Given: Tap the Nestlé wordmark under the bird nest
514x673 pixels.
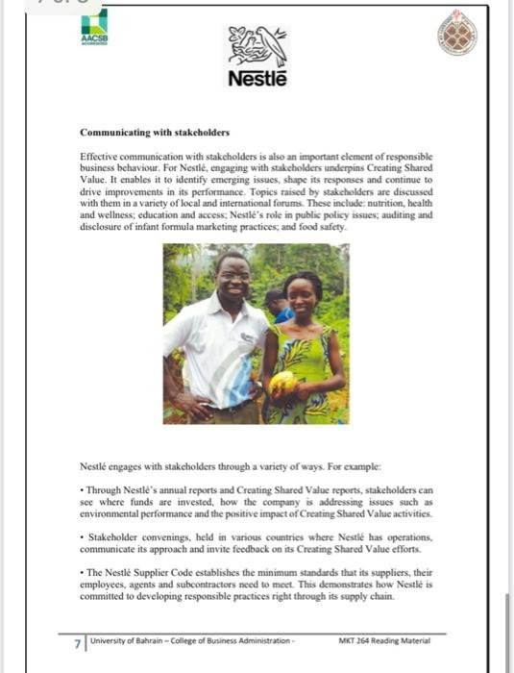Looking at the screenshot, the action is [x=257, y=79].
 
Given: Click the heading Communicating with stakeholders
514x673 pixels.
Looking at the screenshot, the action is [x=154, y=132].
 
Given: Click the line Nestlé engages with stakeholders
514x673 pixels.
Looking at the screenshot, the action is [x=192, y=467].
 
